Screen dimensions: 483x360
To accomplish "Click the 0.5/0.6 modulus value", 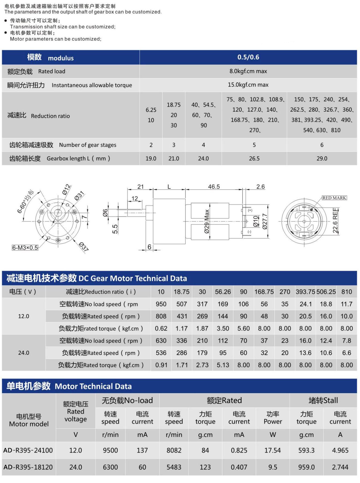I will coord(248,57).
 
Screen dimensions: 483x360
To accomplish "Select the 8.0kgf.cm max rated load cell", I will coord(248,71).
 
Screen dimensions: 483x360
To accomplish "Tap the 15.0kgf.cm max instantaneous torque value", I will coord(248,85).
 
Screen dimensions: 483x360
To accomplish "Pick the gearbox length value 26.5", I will coord(254,159).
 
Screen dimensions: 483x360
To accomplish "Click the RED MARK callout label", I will coord(334,198).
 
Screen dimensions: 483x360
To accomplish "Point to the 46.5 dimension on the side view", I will coord(214,187).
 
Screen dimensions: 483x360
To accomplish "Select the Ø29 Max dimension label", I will coord(207,221).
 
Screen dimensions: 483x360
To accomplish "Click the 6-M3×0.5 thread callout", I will coord(25,248).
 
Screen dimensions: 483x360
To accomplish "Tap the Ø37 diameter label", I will coord(84,246).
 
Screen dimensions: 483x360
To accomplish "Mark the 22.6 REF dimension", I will coord(335,220).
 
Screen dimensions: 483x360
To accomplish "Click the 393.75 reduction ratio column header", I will coord(305,292).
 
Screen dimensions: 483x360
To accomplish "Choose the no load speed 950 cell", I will coord(161,304).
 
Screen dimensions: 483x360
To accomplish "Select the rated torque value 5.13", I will coord(223,365).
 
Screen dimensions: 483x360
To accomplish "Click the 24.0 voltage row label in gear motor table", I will coord(24,353).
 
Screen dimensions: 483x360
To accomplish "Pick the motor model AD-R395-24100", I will coord(28,450).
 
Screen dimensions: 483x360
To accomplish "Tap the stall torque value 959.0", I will coord(306,467).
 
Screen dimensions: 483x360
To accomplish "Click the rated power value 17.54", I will coord(272,450).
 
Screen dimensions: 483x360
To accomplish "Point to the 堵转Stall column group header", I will coord(323,401).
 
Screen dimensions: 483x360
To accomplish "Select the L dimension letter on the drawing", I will coord(169,187).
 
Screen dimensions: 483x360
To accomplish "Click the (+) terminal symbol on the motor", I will coord(250,210).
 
